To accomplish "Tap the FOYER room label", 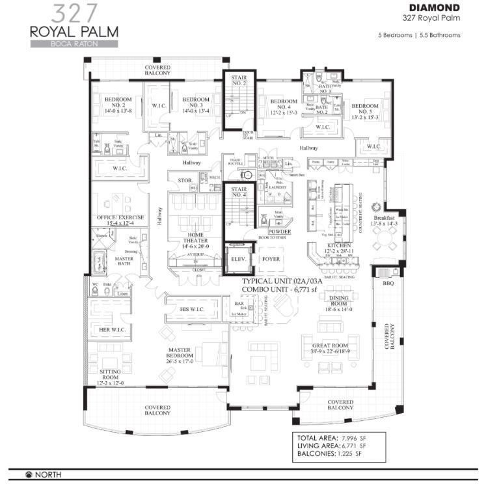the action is (x=271, y=259).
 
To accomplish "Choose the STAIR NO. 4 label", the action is (x=239, y=192).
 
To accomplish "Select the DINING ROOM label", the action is (x=338, y=301).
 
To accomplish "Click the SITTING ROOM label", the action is (x=110, y=373).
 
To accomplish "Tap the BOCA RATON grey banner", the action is (x=74, y=44).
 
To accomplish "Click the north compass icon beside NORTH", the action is (x=29, y=475).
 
